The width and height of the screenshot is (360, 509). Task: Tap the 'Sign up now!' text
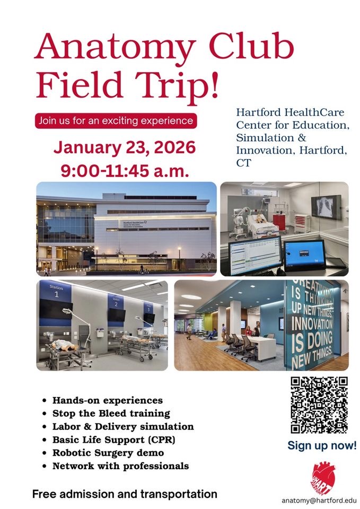[322, 445]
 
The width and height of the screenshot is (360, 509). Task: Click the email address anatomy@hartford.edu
[319, 500]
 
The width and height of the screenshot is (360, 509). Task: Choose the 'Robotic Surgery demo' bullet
[108, 453]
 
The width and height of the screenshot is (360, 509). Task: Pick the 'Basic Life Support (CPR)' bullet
[113, 440]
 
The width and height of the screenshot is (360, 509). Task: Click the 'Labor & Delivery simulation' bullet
[123, 426]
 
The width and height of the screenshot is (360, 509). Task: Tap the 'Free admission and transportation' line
[125, 494]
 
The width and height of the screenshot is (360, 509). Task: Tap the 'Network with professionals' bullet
[120, 466]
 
